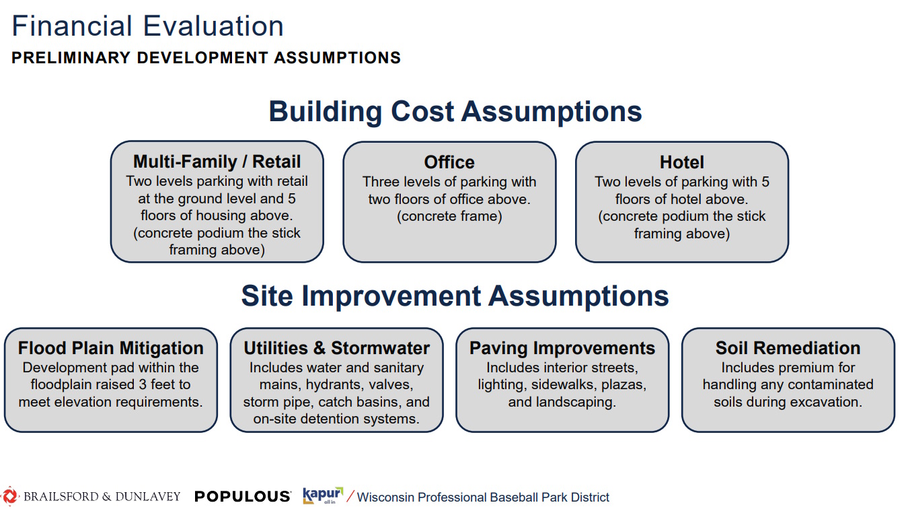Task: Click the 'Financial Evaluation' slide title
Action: (147, 26)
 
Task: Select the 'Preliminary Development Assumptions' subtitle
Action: (206, 58)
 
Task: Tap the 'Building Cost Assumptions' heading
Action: (455, 112)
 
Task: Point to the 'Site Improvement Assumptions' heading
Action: (455, 296)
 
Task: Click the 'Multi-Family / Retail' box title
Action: (217, 162)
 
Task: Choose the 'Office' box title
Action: (449, 162)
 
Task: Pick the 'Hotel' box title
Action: (682, 162)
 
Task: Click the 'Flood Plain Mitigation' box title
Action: (111, 348)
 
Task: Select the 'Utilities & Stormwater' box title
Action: (336, 348)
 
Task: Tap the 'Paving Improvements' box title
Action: (562, 348)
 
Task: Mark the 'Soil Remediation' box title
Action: (788, 348)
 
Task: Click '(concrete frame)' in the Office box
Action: (449, 216)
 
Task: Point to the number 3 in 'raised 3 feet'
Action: (143, 384)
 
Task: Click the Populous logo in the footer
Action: (243, 496)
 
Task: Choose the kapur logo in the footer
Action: (323, 496)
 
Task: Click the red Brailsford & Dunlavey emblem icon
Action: (9, 496)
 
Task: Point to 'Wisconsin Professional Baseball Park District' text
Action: (483, 498)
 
